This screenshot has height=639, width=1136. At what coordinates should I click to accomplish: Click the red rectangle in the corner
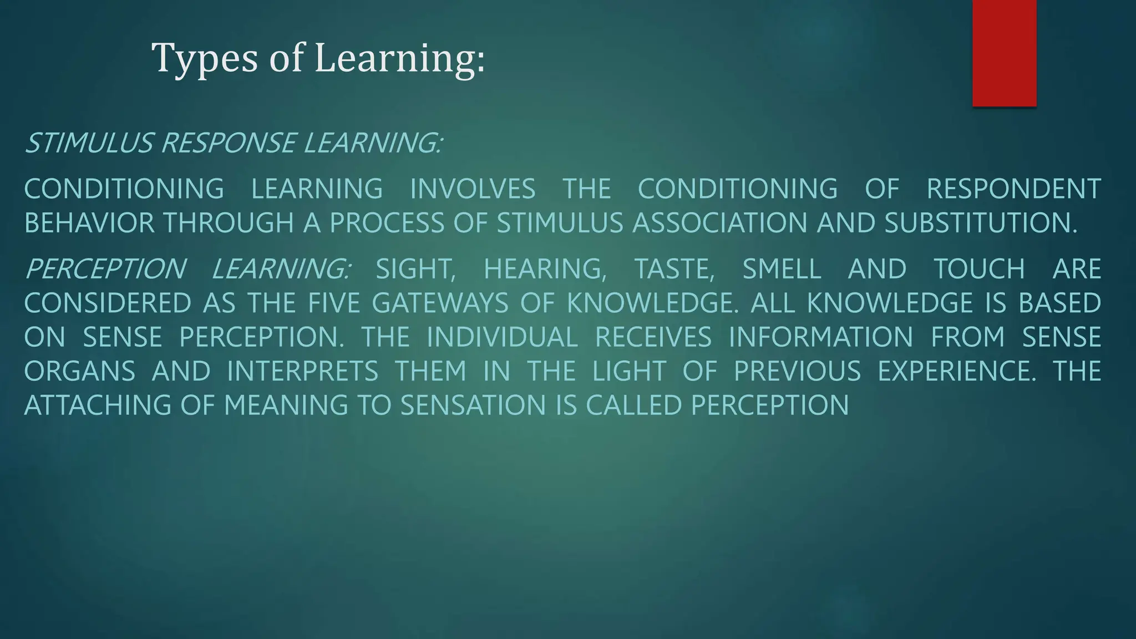coord(1004,53)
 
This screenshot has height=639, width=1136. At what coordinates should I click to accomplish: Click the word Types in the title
coord(204,58)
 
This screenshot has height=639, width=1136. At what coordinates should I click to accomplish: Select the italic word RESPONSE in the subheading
coord(228,143)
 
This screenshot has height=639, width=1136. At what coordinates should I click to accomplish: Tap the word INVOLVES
coord(473,189)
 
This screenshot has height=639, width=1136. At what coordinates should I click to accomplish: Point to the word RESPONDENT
coord(1013,189)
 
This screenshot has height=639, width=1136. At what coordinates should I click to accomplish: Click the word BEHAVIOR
coord(89,223)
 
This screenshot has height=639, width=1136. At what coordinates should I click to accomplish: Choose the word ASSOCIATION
coord(719,223)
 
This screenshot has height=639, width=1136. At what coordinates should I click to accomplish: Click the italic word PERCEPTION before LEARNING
coord(105,269)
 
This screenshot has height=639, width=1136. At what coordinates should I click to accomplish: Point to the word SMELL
coord(782,269)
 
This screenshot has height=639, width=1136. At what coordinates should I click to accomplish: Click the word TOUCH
coord(979,269)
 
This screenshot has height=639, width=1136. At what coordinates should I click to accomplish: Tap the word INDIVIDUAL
coord(502,337)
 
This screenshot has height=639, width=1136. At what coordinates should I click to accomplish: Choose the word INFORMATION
coord(820,337)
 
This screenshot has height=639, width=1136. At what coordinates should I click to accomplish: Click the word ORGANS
coord(80,371)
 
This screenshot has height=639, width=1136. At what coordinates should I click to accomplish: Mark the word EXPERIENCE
coord(956,371)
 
